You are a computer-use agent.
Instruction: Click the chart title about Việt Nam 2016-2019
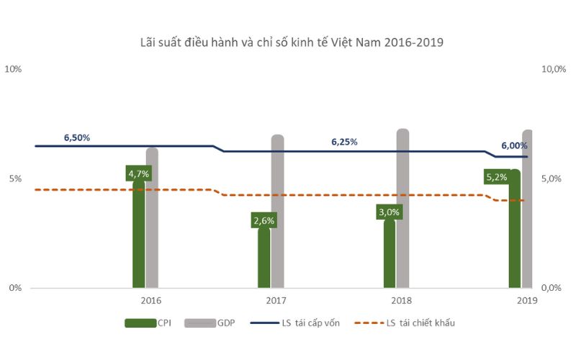(291, 42)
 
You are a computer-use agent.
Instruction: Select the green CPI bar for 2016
(139, 238)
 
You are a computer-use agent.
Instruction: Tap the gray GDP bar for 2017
(277, 216)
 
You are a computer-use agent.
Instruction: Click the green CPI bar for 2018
(390, 256)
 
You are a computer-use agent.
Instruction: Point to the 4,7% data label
(139, 174)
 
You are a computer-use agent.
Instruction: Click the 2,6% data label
(264, 221)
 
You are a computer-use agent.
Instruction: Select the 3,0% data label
(389, 212)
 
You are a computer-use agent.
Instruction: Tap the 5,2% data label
(496, 176)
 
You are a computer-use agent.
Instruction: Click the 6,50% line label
(77, 138)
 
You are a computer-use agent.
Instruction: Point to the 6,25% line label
(344, 142)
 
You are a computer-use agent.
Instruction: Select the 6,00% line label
(514, 145)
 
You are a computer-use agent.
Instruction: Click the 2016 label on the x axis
(151, 300)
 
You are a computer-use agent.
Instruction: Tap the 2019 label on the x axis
(527, 300)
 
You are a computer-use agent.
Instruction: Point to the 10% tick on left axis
(14, 69)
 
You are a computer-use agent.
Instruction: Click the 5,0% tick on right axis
(551, 179)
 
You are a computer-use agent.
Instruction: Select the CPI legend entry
(148, 323)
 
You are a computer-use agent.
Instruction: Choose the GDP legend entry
(209, 323)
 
